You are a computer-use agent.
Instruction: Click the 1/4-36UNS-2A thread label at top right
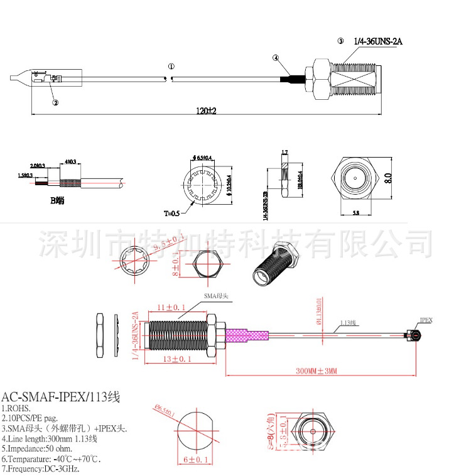point(377,41)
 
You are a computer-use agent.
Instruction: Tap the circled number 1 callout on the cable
point(171,66)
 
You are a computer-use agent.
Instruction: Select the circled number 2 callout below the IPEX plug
point(55,102)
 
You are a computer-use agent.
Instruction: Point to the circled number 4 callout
point(276,58)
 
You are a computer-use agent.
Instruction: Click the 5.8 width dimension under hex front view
point(355,214)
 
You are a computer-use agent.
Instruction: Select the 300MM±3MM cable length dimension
point(317,371)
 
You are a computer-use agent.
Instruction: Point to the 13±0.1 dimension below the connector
point(176,359)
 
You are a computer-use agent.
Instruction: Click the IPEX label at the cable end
point(425,320)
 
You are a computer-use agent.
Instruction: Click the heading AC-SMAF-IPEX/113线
point(60,397)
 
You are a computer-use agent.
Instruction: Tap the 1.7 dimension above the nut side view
point(284,153)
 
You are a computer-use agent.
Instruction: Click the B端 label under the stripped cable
point(57,201)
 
